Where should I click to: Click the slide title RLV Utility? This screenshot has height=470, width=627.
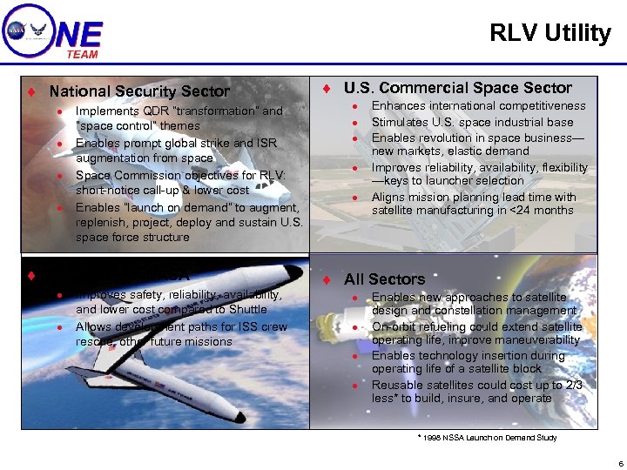550,33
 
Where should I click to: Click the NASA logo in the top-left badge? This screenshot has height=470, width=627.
17,30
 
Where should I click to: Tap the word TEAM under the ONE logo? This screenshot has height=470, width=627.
82,54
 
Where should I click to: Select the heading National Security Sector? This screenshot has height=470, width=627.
139,91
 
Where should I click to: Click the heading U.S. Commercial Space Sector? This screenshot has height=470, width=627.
457,88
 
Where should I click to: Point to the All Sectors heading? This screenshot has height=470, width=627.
384,279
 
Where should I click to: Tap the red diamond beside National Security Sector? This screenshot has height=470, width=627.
31,91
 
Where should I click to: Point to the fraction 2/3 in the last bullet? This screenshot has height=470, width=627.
573,385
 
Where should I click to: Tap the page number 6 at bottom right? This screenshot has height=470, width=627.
619,463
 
